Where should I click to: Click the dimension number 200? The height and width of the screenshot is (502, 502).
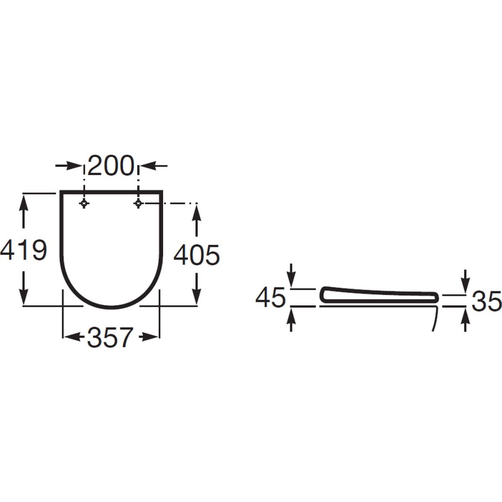click(111, 166)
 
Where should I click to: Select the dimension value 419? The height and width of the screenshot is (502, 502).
click(24, 250)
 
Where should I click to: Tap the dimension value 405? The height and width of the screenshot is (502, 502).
click(197, 254)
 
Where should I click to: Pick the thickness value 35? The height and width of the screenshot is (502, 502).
click(487, 301)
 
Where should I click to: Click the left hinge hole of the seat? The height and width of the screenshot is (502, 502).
click(84, 203)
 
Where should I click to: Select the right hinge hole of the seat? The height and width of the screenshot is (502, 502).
click(138, 203)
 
